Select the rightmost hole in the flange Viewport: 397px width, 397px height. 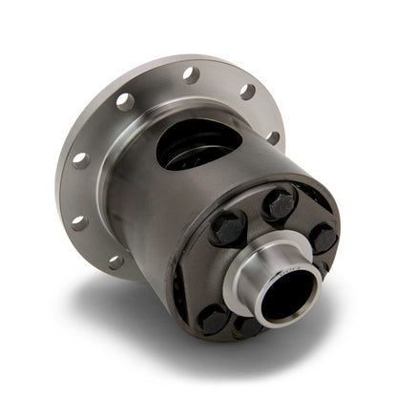coord(273,136)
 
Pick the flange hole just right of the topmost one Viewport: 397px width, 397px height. coord(247,92)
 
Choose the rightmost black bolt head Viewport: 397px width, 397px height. coord(323,236)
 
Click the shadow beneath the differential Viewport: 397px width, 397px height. coord(143,320)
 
